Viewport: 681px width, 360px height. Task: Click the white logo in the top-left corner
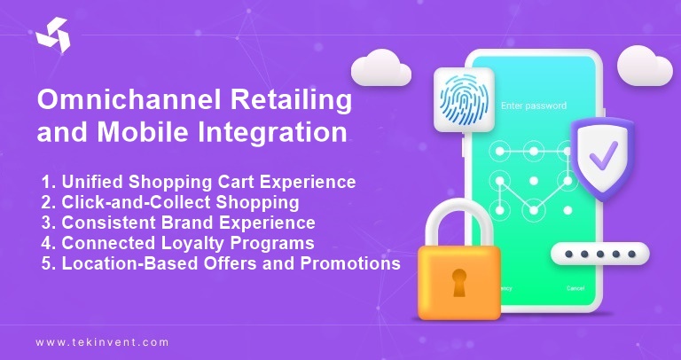(51, 35)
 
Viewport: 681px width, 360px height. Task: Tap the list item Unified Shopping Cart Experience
(199, 182)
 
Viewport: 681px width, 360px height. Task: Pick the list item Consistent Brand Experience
(178, 223)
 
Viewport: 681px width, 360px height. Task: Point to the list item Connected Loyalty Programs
(178, 243)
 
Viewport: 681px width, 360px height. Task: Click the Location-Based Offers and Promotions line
(221, 263)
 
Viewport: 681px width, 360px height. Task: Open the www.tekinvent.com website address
(102, 341)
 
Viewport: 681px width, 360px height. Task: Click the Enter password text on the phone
(533, 106)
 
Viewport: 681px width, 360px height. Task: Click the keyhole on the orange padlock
(459, 282)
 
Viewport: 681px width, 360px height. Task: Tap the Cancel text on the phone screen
(575, 288)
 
